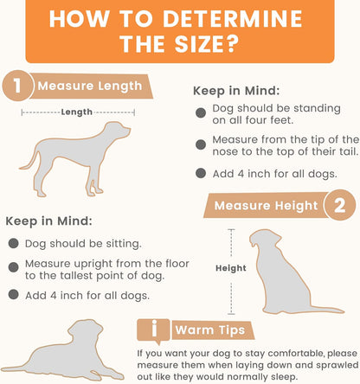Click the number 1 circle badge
[17, 86]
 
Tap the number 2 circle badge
[340, 205]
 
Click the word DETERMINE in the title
[232, 19]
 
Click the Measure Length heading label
[90, 86]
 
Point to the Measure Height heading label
[266, 206]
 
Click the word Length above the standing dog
[76, 112]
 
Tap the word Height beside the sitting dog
[231, 268]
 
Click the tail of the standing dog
[29, 162]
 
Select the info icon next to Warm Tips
[154, 331]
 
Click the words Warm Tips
[210, 330]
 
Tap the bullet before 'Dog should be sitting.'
[14, 243]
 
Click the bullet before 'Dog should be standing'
[201, 112]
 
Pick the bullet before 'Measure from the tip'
[201, 144]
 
